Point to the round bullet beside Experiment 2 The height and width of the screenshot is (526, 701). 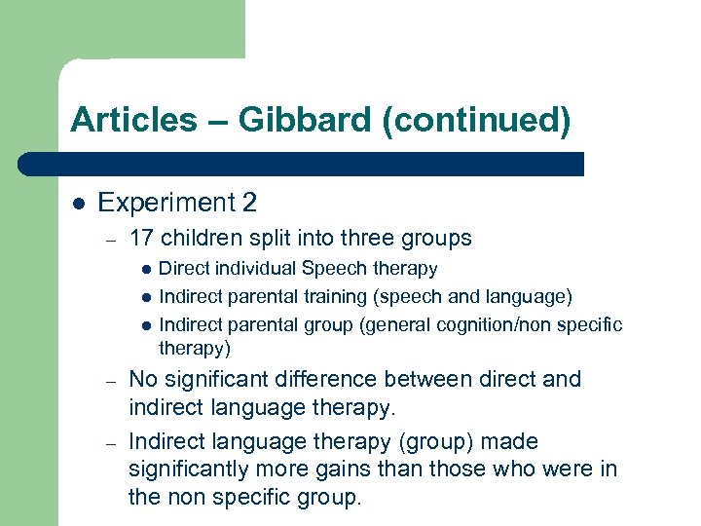point(77,204)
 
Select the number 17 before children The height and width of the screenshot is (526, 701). point(141,238)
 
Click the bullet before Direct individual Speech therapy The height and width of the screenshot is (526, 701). point(145,269)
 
